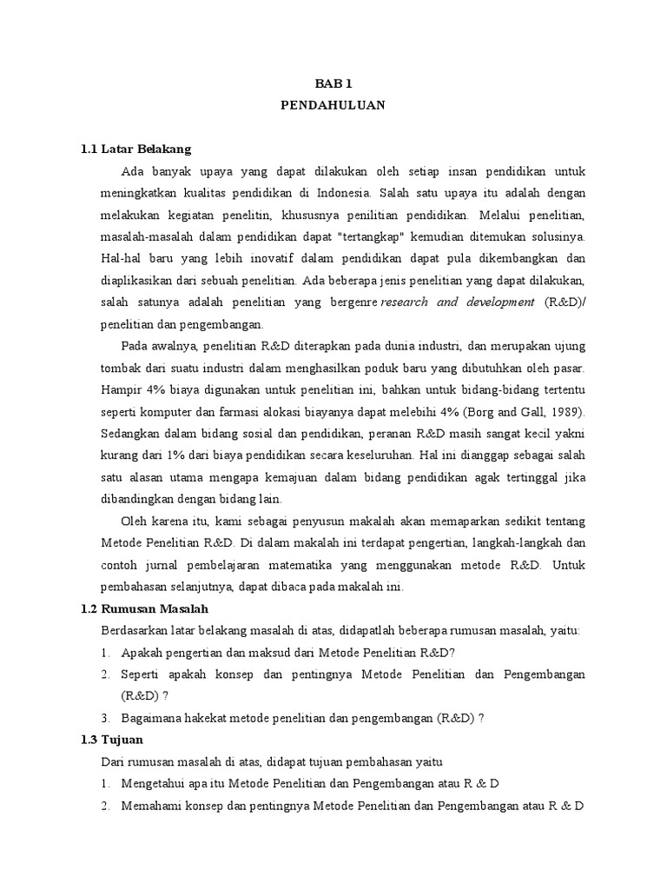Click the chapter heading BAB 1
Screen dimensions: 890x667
pyautogui.click(x=333, y=83)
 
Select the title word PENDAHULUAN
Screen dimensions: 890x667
pyautogui.click(x=333, y=105)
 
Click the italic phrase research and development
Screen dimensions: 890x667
pyautogui.click(x=458, y=302)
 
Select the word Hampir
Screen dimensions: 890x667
pyautogui.click(x=122, y=390)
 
